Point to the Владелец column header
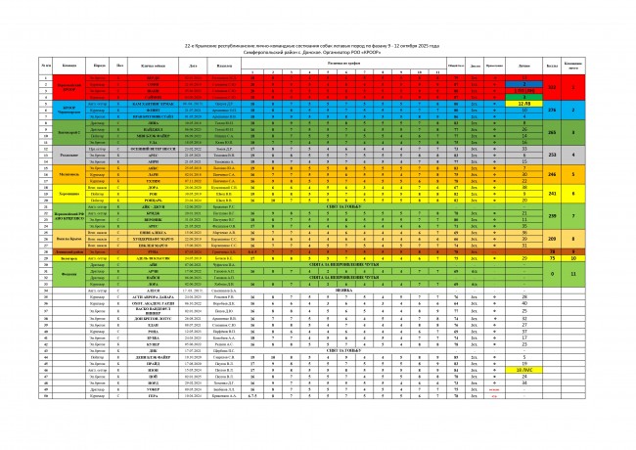(224, 66)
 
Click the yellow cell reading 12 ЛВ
(523, 102)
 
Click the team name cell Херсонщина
(68, 195)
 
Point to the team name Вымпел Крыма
(68, 238)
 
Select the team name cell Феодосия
(68, 274)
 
